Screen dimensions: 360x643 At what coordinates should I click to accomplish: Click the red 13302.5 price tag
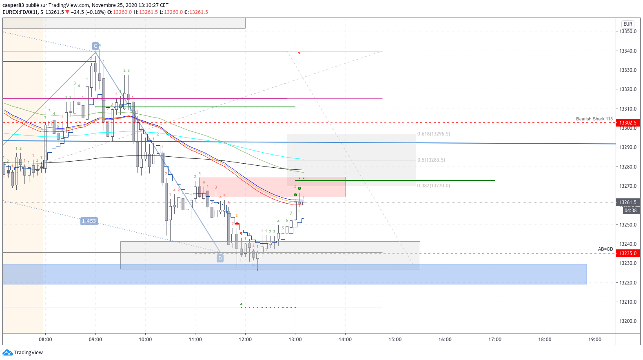coord(628,123)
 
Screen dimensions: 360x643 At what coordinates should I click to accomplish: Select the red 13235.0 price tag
coord(628,253)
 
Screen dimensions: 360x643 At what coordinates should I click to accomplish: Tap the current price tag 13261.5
coord(628,202)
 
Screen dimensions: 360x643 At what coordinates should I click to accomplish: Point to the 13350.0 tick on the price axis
coord(628,31)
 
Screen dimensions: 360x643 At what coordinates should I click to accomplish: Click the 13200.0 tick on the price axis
coord(628,321)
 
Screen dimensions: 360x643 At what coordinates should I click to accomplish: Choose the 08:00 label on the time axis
coord(45,340)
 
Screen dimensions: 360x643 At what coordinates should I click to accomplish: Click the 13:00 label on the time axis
coord(295,340)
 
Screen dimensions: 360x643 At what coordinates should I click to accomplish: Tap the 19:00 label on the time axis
coord(595,340)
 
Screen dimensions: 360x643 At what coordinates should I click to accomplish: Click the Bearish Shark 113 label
coord(594,119)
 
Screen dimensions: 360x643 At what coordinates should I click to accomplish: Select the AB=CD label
coord(605,249)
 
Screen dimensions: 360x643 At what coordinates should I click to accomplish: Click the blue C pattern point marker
coord(95,46)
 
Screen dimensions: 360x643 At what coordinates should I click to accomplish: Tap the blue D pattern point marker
coord(220,258)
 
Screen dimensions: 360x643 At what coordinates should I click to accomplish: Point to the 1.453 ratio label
coord(89,221)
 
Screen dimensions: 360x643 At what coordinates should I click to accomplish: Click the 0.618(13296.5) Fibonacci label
coord(434,134)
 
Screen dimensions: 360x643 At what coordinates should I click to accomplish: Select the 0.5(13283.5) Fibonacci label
coord(431,160)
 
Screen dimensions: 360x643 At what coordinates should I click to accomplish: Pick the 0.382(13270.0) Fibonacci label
coord(434,186)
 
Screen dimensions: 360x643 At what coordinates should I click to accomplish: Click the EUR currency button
coord(627,24)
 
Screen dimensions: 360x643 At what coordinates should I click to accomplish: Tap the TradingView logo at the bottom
coord(23,353)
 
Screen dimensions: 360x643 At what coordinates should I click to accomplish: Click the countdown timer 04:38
coord(630,211)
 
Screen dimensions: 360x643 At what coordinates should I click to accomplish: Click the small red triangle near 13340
coord(299,53)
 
